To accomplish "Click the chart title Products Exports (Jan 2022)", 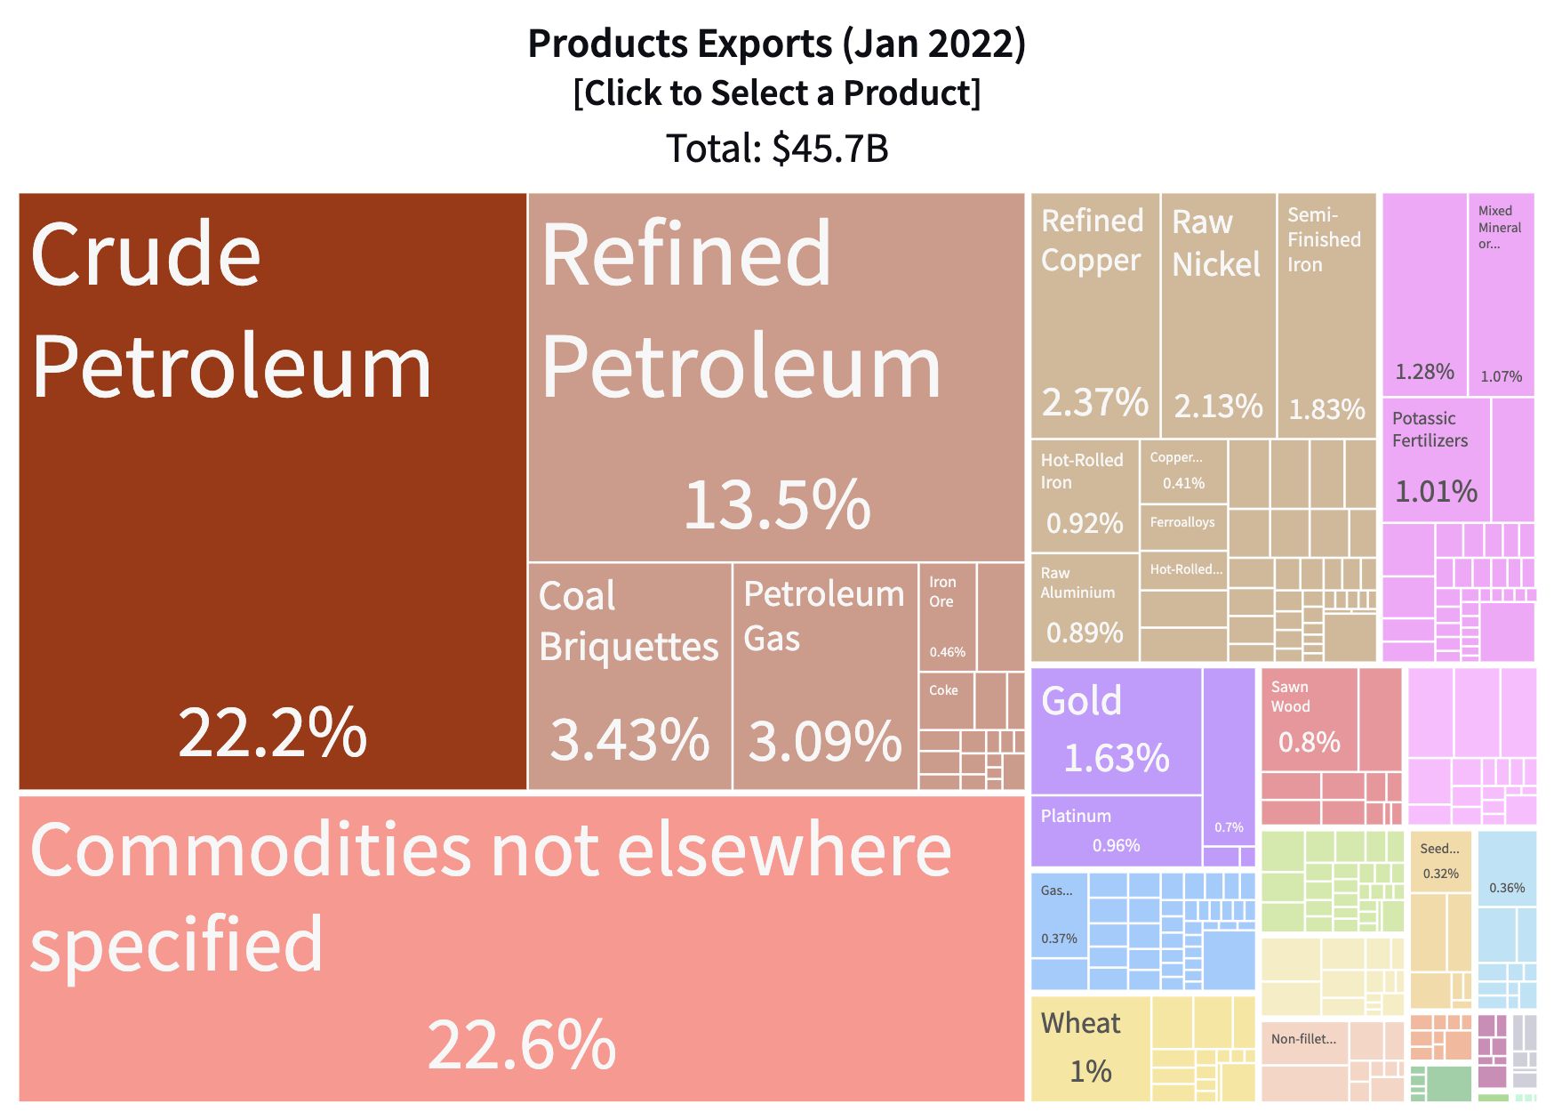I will click(x=776, y=44).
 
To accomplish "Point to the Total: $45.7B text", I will click(x=776, y=149).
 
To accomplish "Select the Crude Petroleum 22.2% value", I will click(x=272, y=732).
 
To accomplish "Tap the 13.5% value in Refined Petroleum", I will click(x=776, y=504).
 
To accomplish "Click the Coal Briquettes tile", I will click(x=629, y=676).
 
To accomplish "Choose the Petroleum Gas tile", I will click(x=824, y=676).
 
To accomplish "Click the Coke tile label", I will click(x=944, y=690).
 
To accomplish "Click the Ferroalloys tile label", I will click(x=1182, y=523).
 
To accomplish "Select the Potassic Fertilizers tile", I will click(x=1435, y=458).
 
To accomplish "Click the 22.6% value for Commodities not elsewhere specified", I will click(x=521, y=1044).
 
